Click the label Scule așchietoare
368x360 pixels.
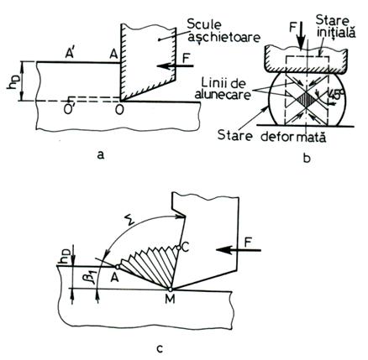(223, 31)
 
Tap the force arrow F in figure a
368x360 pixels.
(175, 66)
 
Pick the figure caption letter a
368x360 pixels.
(100, 154)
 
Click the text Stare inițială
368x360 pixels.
(335, 27)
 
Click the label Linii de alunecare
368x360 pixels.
(224, 89)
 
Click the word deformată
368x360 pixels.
(294, 137)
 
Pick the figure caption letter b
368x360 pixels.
(307, 158)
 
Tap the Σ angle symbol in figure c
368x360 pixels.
(130, 221)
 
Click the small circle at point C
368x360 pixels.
(178, 248)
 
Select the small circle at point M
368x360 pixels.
(170, 289)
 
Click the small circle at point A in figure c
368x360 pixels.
(118, 267)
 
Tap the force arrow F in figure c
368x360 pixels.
(239, 250)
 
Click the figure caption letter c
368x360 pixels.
(160, 349)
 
